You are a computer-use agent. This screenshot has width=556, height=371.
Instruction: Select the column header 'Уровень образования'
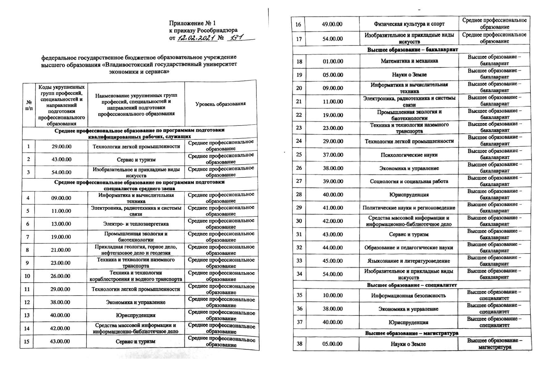point(221,104)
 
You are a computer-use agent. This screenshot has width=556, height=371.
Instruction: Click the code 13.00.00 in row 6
point(61,224)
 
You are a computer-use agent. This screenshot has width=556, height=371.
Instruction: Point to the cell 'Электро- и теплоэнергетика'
point(136,224)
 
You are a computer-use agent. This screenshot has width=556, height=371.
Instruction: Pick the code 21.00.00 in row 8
point(61,250)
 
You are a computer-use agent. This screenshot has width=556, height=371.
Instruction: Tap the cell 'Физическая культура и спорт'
point(409,24)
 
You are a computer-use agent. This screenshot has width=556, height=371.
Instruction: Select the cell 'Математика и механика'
point(409,61)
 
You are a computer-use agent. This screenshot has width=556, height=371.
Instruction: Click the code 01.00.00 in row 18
point(333,61)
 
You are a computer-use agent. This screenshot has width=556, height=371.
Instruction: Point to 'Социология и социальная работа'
point(409,181)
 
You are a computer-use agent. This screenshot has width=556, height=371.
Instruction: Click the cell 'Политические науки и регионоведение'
point(409,208)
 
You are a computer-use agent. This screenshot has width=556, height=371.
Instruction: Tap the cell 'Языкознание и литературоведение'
point(409,261)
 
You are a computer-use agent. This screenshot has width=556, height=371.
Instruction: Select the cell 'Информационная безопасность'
point(409,296)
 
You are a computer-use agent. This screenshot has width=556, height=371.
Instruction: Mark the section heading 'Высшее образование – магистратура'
point(412,333)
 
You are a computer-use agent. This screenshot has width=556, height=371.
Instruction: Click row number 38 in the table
point(299,344)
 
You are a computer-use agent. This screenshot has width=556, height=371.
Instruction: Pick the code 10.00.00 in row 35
point(333,296)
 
